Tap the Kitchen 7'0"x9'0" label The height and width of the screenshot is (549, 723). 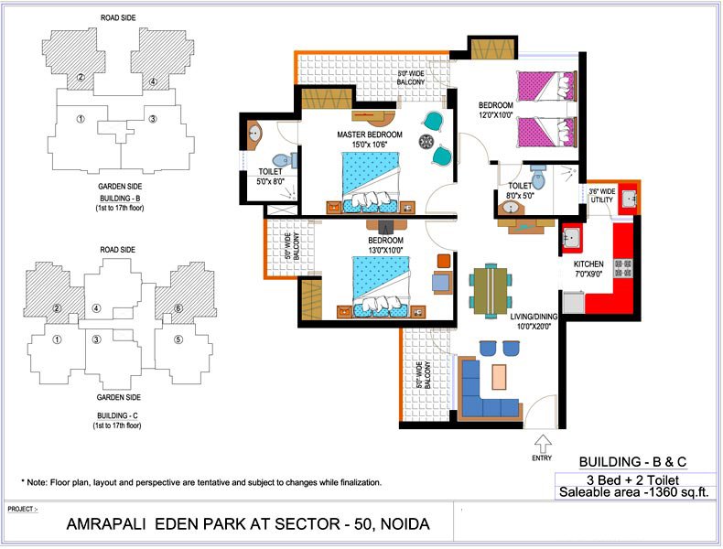coord(588,269)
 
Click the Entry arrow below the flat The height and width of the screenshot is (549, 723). coord(543,444)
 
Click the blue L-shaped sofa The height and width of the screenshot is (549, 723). coord(490,390)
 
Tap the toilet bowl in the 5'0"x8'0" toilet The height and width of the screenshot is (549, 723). coord(284,160)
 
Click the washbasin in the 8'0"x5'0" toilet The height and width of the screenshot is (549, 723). coord(510,208)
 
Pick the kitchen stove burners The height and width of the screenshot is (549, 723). coord(623,268)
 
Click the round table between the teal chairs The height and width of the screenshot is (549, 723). coord(426,142)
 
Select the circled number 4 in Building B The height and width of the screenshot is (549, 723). coord(153,82)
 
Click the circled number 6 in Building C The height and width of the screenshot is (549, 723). coord(178,308)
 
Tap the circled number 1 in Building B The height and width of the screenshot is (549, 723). coord(81,119)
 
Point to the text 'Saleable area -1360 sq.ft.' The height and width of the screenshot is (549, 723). coord(633,492)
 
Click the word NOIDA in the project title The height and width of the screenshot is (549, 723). coord(405,524)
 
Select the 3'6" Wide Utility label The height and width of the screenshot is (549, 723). coord(601,196)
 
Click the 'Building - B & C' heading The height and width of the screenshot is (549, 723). coord(632,461)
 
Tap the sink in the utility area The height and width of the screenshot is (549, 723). coord(628,199)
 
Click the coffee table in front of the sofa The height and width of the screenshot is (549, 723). coord(499,377)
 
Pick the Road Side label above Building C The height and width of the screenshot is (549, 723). coord(117,250)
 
